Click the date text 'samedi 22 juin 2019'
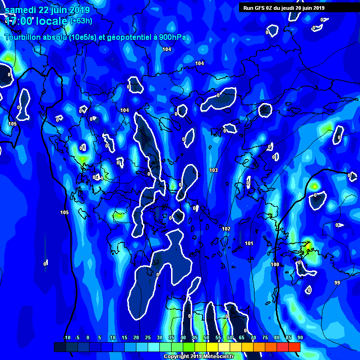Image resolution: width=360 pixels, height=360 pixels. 47,10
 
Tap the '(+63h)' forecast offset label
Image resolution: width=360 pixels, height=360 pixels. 81,21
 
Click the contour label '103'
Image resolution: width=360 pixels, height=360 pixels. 214,170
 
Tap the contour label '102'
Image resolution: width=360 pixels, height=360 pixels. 226,229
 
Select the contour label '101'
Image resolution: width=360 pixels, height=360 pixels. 249,243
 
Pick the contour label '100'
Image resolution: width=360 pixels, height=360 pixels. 275,264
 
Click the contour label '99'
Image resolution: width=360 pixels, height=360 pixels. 337,283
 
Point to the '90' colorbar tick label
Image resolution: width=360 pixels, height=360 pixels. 300,337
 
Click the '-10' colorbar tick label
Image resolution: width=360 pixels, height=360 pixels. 67,337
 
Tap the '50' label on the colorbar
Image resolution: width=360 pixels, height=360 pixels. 206,337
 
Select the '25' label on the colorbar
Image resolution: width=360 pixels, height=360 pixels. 148,337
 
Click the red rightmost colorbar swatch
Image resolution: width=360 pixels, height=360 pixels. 294,347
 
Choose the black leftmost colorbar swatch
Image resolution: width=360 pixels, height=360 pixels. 60,347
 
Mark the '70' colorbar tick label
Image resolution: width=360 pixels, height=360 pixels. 253,337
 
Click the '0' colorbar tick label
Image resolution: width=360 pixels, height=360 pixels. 88,337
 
